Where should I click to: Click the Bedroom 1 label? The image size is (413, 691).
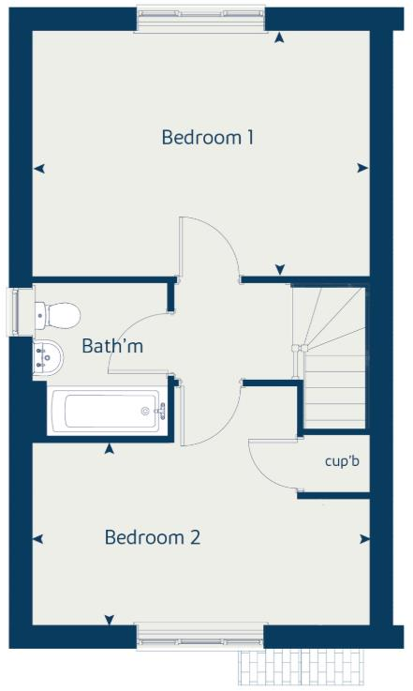[208, 138]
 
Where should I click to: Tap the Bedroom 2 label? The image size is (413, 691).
[153, 538]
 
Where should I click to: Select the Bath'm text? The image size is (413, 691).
[112, 346]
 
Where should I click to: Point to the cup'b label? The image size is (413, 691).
[342, 460]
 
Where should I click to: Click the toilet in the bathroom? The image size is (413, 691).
[57, 312]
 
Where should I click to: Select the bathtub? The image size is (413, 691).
[106, 411]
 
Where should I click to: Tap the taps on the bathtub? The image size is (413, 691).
[160, 410]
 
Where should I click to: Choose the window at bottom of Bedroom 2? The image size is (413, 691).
[199, 638]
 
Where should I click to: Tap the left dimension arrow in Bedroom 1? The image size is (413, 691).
[38, 169]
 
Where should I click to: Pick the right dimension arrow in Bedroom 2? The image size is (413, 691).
[362, 539]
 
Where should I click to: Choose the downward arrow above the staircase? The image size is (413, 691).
[279, 271]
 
